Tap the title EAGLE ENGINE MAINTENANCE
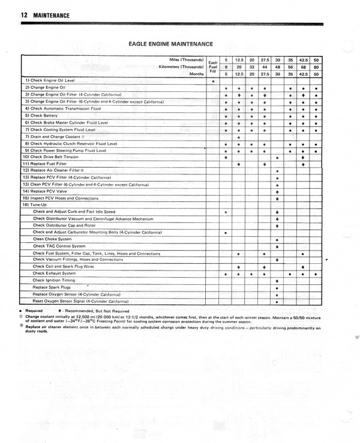tap(172, 43)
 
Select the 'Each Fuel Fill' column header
tap(212, 67)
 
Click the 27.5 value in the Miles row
tap(265, 61)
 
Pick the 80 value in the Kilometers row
tap(316, 67)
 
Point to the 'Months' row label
tap(196, 74)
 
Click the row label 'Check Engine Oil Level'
tap(49, 81)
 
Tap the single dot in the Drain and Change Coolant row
tap(239, 137)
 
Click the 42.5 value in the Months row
tap(304, 74)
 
